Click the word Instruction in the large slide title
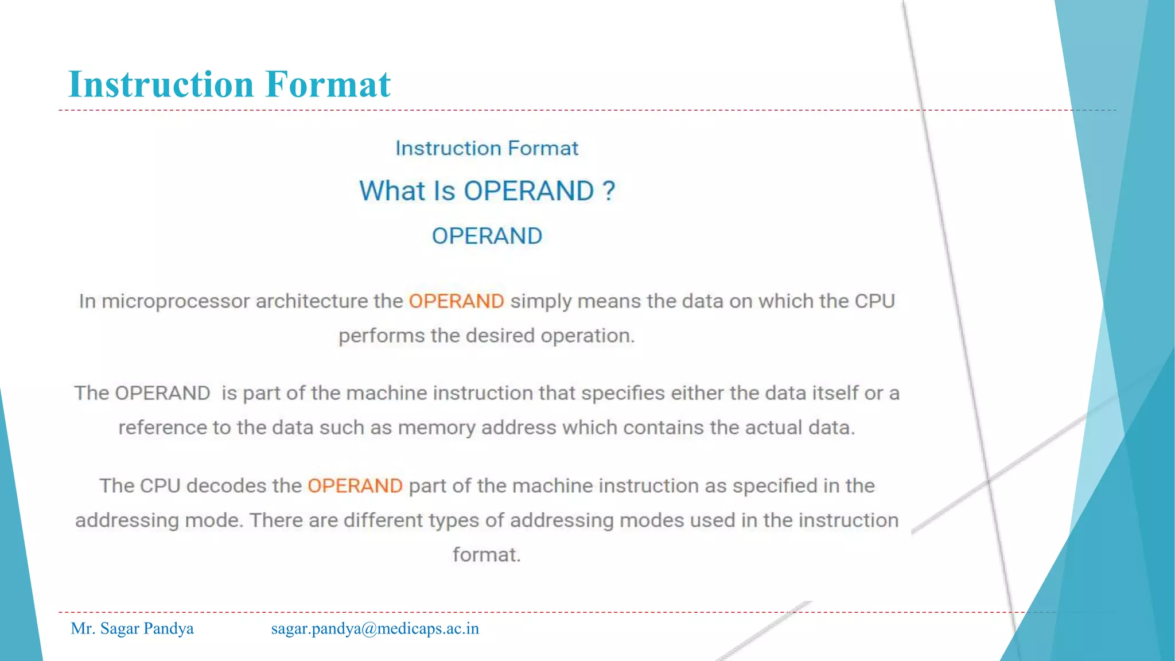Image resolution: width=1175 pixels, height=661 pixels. click(x=161, y=84)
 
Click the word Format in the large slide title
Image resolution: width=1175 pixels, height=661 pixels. click(x=328, y=84)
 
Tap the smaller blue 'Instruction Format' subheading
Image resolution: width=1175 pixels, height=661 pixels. click(x=487, y=149)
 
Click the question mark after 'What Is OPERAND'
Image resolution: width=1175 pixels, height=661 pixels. click(x=609, y=191)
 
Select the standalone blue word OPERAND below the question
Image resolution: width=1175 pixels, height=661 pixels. click(x=487, y=236)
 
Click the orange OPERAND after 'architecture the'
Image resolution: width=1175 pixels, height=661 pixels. click(x=456, y=301)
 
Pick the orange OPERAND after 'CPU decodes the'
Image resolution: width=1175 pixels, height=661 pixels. click(x=355, y=486)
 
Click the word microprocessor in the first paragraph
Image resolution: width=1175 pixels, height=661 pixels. click(x=176, y=302)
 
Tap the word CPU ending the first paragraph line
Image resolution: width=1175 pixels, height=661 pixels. click(x=874, y=301)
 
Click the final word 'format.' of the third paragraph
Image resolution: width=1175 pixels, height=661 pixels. click(x=487, y=555)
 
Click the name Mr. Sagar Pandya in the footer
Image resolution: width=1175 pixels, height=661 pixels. click(x=132, y=629)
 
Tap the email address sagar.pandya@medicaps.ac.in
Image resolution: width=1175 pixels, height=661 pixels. click(x=375, y=629)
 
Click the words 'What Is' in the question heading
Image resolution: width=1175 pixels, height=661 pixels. click(x=407, y=191)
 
